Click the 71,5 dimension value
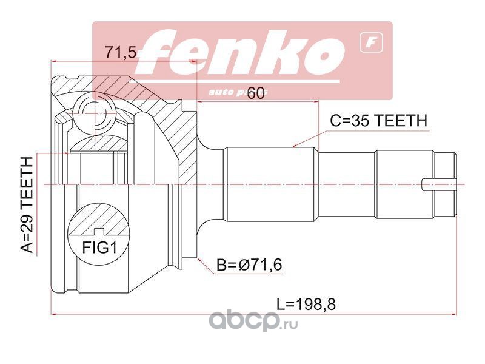pos(119,53)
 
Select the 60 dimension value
pos(255,93)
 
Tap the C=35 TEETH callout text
pos(378,120)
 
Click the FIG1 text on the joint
pos(98,248)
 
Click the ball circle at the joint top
pos(95,113)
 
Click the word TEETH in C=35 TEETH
pos(402,120)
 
